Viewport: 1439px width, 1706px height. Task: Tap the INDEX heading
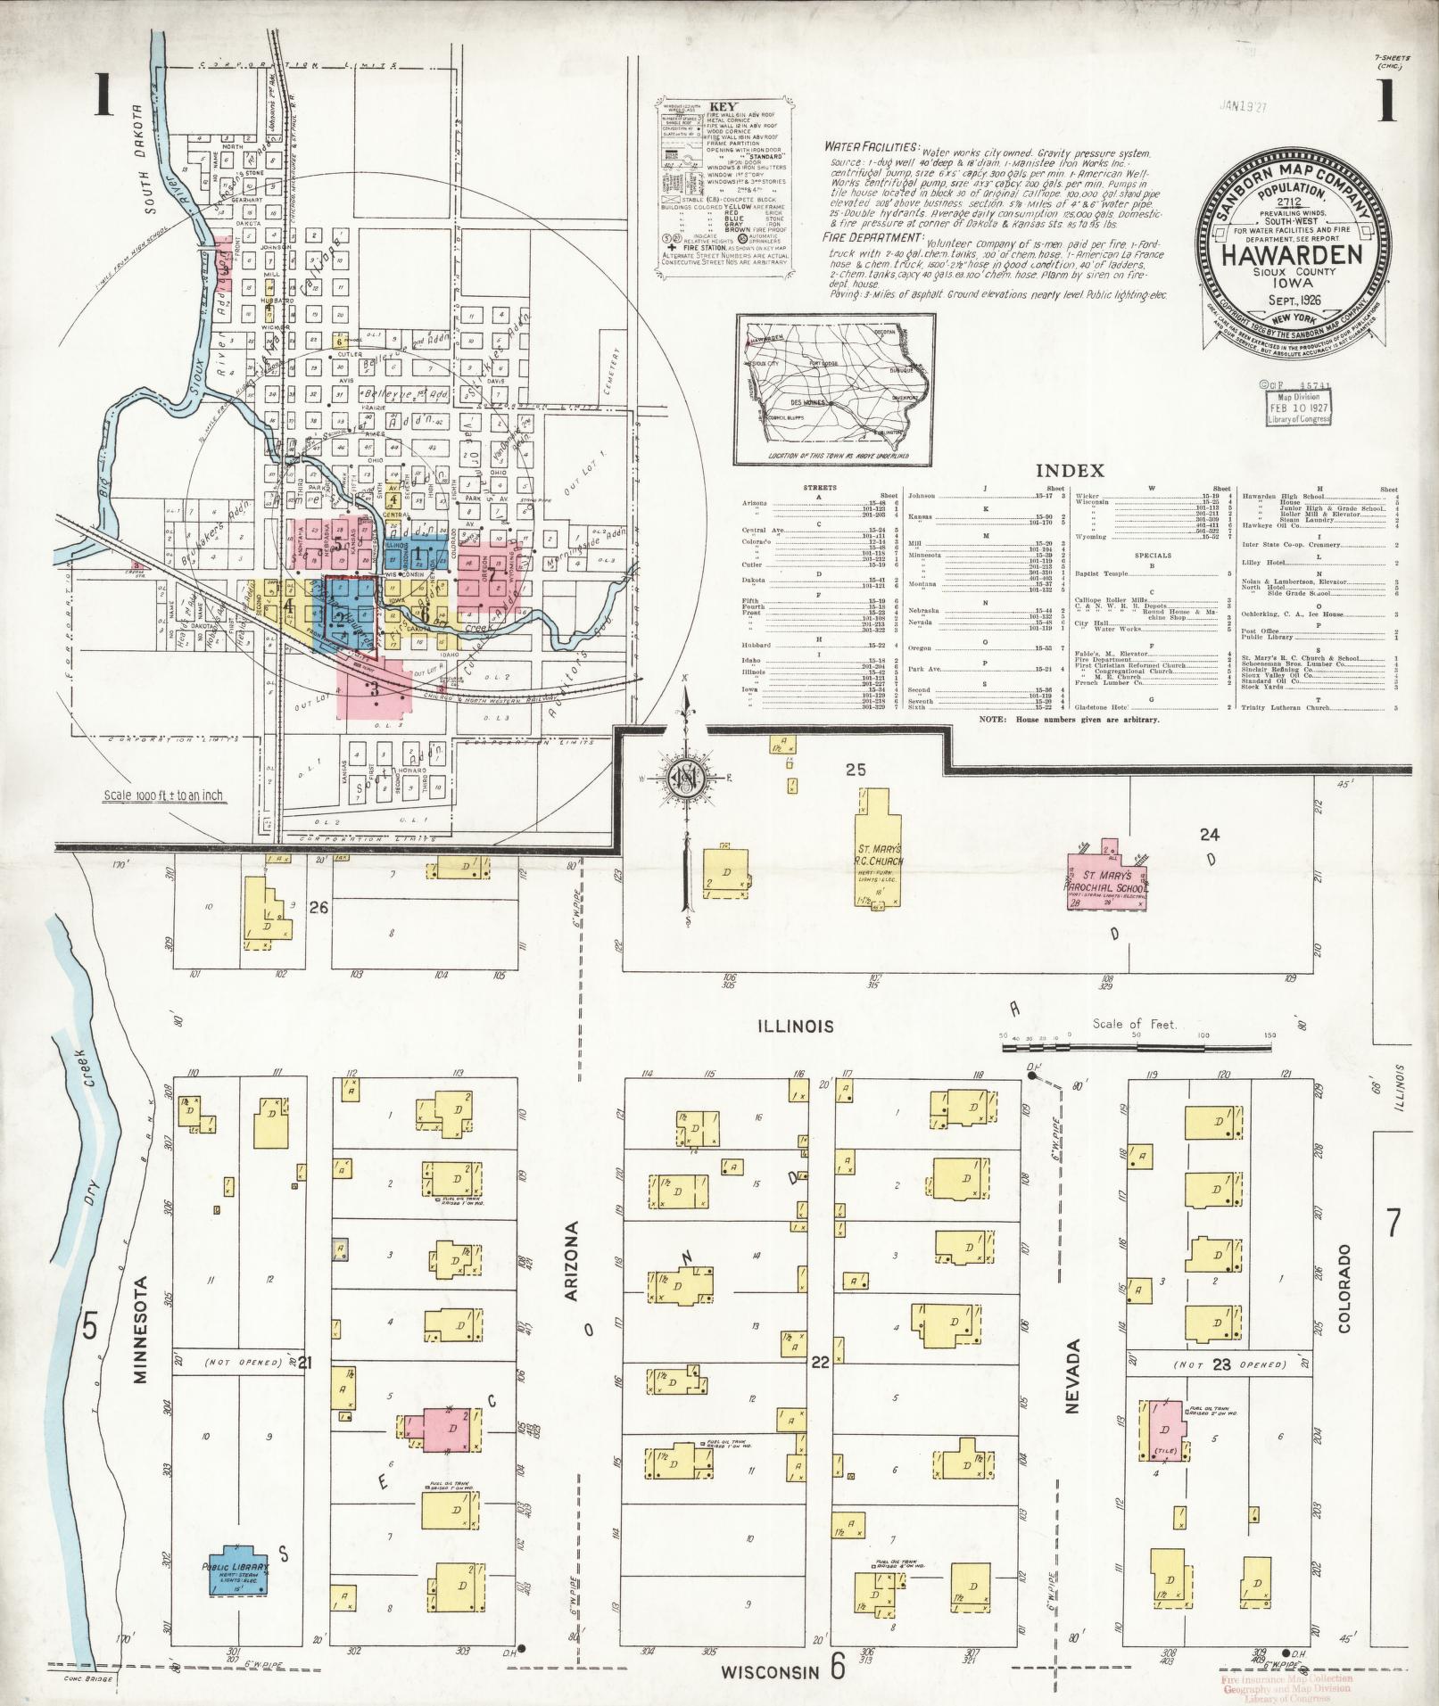[1070, 470]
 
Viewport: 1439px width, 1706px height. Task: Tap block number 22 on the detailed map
[821, 1362]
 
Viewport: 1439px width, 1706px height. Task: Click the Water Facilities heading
[871, 146]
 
